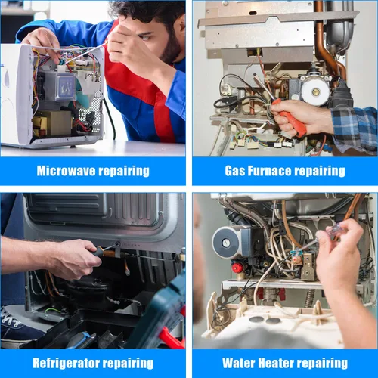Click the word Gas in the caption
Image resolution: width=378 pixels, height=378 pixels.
[x=235, y=170]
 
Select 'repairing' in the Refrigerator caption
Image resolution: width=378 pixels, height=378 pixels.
[x=129, y=363]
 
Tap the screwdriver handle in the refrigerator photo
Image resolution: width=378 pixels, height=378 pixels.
[x=105, y=250]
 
